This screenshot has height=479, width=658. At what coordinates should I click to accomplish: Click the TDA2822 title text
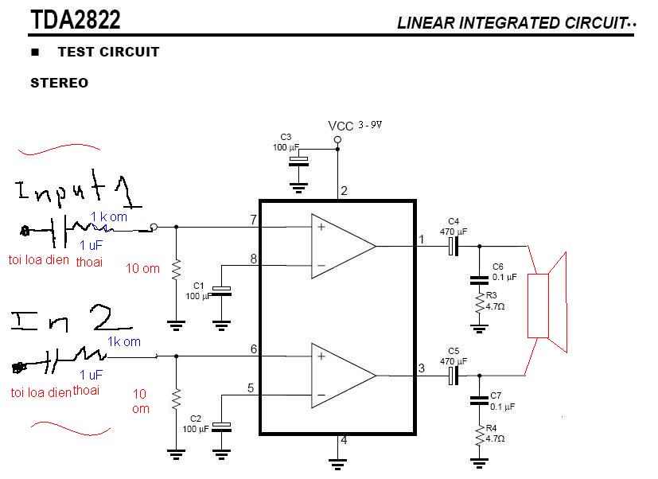coord(76,19)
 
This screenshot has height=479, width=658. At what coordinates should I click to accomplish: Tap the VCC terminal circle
coord(337,139)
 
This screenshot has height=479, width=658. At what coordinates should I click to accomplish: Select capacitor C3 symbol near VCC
coord(298,162)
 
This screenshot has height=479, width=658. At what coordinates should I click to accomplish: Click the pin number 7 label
coord(254,220)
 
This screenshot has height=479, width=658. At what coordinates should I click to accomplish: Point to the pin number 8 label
coord(254,259)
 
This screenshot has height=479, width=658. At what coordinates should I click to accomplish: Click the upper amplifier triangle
coord(343,246)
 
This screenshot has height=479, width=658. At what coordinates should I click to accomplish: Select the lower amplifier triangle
coord(343,376)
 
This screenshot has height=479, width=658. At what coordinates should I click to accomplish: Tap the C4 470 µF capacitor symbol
coord(454,246)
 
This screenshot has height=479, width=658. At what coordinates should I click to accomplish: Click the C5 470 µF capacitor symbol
coord(454,376)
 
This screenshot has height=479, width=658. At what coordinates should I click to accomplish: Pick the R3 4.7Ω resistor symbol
coord(479,302)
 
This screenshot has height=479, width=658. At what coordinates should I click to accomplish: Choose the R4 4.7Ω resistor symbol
coord(479,435)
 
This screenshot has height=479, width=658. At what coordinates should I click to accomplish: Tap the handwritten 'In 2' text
coord(72,318)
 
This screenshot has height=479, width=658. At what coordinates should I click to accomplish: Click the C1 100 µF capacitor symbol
coord(221,291)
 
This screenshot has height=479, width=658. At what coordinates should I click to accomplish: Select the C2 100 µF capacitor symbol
coord(221,427)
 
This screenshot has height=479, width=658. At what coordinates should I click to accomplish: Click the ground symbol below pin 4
coord(337,464)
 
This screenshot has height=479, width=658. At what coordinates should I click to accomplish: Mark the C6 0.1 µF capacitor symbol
coord(479,280)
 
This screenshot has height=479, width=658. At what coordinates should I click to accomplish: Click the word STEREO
coord(59,83)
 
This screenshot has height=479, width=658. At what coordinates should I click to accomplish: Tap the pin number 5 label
coord(251,388)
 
